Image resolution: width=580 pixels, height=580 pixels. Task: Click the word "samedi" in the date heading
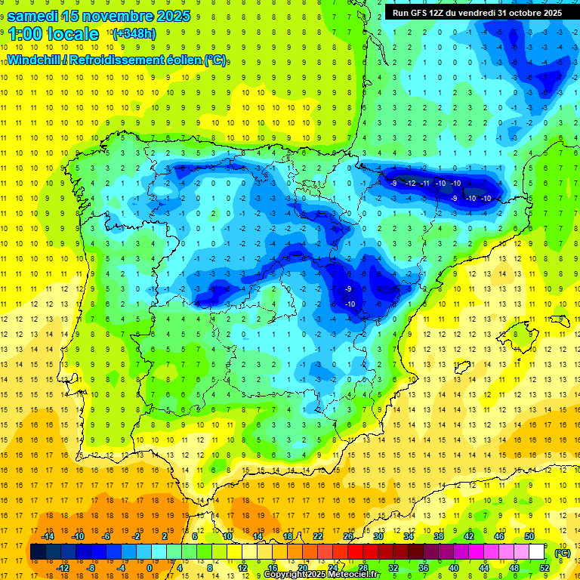pyautogui.click(x=35, y=16)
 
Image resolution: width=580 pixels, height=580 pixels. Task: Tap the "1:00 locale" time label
pyautogui.click(x=53, y=34)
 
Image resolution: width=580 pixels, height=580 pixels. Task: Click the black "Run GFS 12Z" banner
pyautogui.click(x=477, y=13)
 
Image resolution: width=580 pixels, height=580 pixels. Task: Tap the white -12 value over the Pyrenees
pyautogui.click(x=410, y=183)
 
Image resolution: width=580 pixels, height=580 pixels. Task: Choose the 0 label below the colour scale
pyautogui.click(x=149, y=568)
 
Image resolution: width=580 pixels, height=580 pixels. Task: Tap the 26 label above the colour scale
pyautogui.click(x=348, y=536)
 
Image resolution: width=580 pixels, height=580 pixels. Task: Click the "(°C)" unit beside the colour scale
pyautogui.click(x=562, y=552)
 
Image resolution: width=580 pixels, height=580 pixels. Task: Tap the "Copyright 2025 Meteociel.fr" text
pyautogui.click(x=322, y=575)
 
